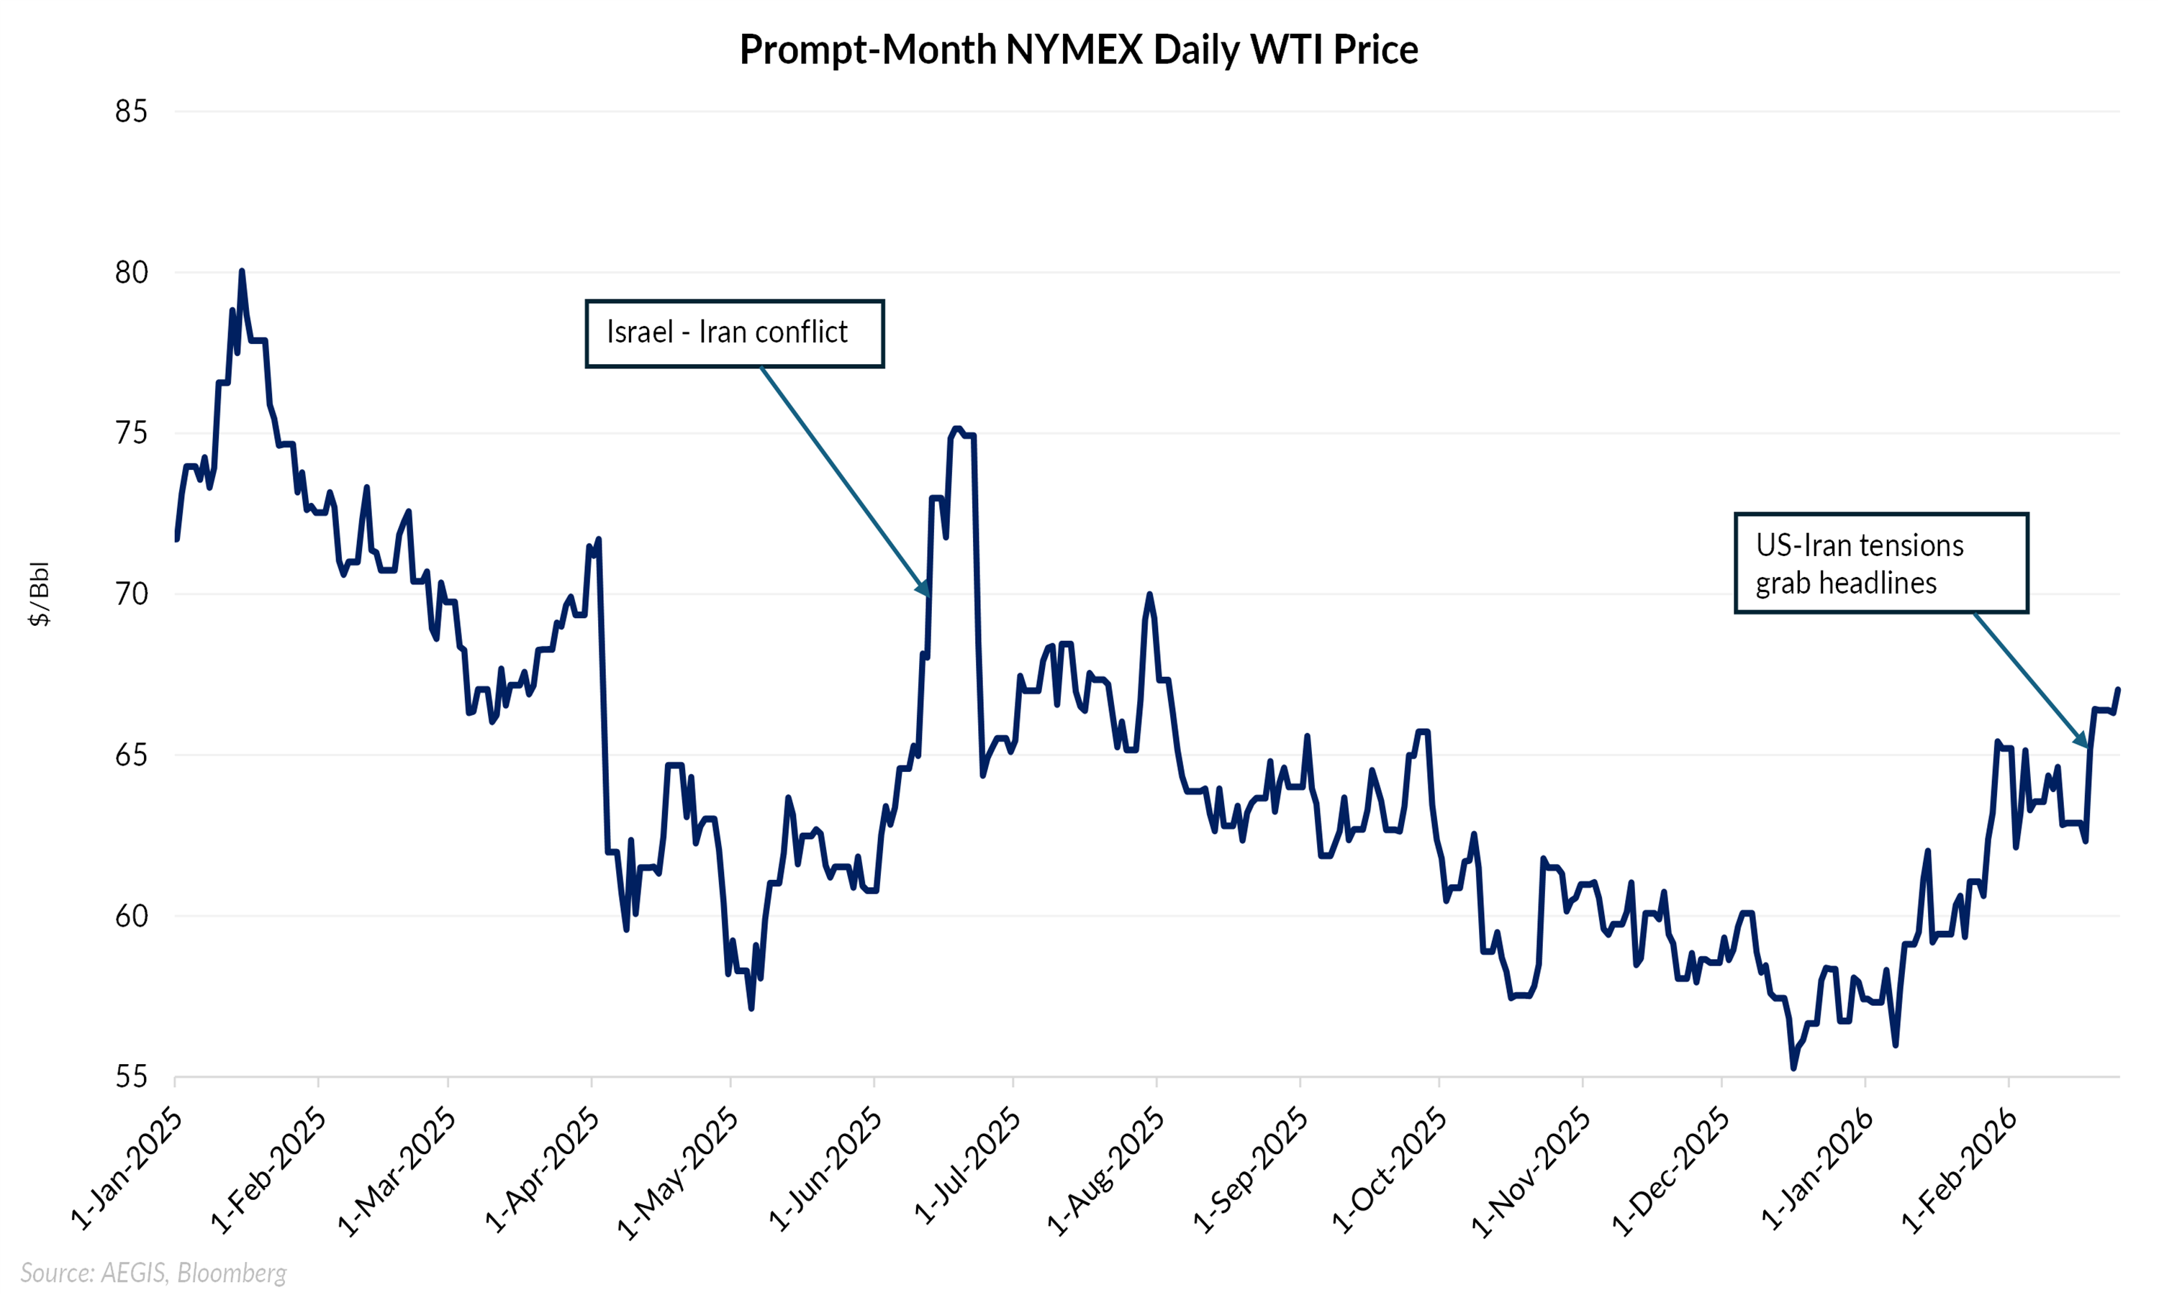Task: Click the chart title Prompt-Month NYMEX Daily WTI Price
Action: tap(1079, 50)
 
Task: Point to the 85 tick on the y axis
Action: tap(131, 112)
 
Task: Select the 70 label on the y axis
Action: tap(131, 594)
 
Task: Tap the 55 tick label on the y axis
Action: tap(131, 1077)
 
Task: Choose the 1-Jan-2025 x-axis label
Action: tap(127, 1168)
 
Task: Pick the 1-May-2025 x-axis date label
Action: tap(679, 1173)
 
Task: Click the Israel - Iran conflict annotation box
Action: tap(734, 333)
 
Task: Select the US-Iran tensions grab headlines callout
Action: tap(1880, 564)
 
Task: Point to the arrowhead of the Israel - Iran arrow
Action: tap(926, 591)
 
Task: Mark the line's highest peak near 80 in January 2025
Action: tap(242, 271)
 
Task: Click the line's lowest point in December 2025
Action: tap(1793, 1067)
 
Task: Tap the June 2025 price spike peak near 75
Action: tap(957, 430)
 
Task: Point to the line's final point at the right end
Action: tap(2118, 690)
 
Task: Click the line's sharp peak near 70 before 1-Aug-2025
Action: tap(1149, 594)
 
